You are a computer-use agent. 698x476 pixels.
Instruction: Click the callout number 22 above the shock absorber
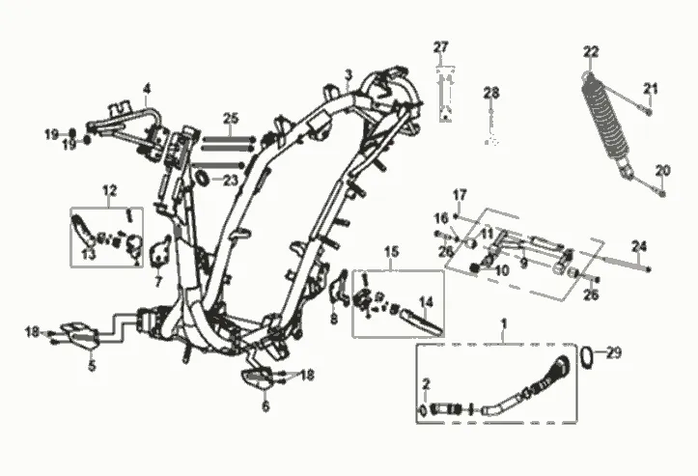(591, 52)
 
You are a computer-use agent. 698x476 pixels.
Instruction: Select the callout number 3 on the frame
(349, 74)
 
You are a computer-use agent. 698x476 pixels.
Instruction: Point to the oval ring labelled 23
(202, 178)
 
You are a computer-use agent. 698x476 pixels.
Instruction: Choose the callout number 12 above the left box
(109, 190)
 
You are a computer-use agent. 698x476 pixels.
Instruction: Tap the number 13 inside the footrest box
(89, 255)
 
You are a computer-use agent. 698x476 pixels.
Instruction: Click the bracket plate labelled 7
(161, 252)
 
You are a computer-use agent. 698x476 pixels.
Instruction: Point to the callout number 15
(391, 252)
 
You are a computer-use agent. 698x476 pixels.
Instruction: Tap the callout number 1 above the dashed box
(504, 322)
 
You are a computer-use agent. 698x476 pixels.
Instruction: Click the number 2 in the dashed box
(426, 384)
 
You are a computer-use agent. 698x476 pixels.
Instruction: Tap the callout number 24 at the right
(639, 246)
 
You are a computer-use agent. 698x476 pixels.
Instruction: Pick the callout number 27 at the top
(440, 46)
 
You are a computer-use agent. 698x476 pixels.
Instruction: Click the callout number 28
(491, 93)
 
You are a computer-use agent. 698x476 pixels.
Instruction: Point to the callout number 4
(147, 89)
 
